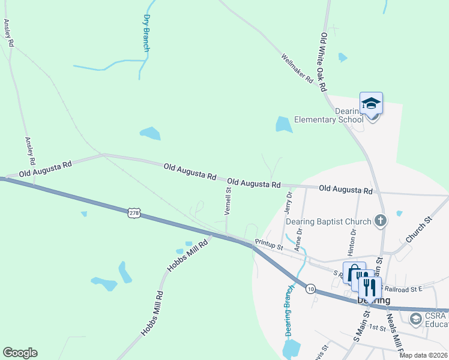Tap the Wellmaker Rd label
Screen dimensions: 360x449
(x=298, y=68)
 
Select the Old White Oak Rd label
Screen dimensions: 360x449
(x=324, y=62)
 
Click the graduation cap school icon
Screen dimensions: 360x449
(x=371, y=103)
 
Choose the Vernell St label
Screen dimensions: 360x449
(x=228, y=200)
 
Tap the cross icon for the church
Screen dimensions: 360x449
(x=380, y=221)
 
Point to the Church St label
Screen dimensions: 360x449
(x=419, y=230)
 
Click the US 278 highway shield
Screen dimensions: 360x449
(x=134, y=212)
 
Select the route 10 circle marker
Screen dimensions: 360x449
(x=310, y=289)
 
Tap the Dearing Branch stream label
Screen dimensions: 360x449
(x=288, y=311)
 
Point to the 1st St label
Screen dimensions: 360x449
(x=377, y=328)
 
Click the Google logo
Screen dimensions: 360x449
(x=20, y=353)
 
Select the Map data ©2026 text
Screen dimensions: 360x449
(x=423, y=355)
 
